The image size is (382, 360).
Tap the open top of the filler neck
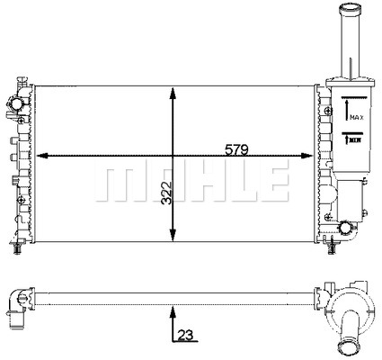(349, 8)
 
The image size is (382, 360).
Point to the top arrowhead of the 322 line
(171, 91)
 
